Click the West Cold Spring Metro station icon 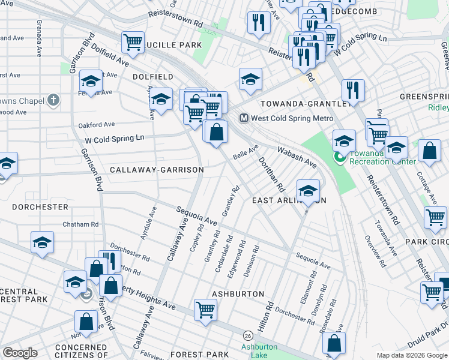click(x=244, y=118)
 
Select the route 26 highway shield click(x=247, y=334)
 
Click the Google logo click(x=20, y=353)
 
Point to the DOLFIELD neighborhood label click(x=153, y=77)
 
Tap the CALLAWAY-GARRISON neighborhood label click(x=157, y=170)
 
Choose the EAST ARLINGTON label click(x=289, y=200)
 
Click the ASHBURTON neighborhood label click(x=238, y=294)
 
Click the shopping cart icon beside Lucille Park click(x=133, y=42)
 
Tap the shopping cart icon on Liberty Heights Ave click(x=205, y=310)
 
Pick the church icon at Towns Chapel click(x=53, y=99)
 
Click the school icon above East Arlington click(x=308, y=191)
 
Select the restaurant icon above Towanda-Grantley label click(x=353, y=90)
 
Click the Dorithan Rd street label click(x=270, y=175)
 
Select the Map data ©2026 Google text click(x=411, y=355)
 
